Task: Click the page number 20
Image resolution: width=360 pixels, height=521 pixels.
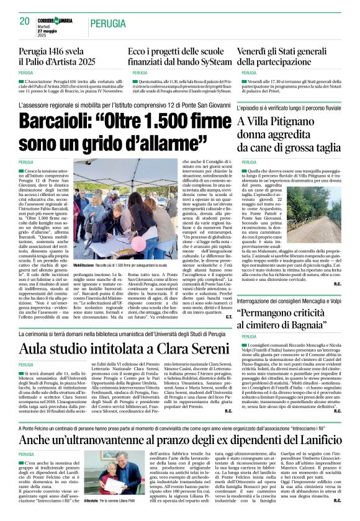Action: pos(25,22)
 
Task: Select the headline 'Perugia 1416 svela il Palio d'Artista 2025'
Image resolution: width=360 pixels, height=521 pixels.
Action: pos(57,56)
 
